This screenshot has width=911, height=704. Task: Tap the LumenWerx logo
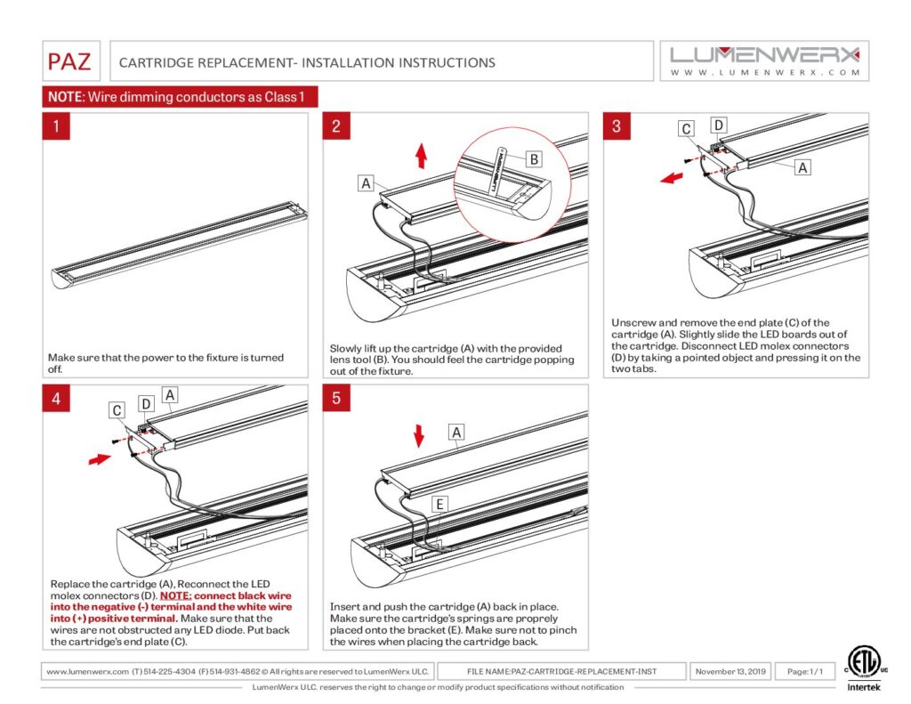(x=764, y=60)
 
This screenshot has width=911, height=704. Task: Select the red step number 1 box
(x=56, y=126)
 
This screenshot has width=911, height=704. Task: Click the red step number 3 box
(x=617, y=126)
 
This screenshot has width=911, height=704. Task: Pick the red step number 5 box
(x=336, y=398)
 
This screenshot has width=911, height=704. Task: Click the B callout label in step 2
(x=533, y=159)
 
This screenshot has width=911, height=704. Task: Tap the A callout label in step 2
(x=366, y=183)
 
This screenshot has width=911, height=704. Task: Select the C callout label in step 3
(x=686, y=130)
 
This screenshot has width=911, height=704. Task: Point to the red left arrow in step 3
(x=672, y=177)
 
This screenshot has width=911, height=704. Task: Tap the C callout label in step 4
(x=117, y=410)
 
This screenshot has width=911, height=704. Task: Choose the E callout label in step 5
(x=439, y=504)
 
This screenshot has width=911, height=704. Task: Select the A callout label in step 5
(x=457, y=433)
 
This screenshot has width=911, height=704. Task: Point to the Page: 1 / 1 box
(x=804, y=671)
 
